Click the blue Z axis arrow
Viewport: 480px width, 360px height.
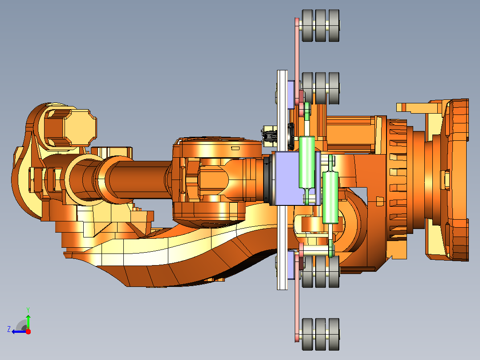19,331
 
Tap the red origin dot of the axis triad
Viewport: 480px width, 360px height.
28,331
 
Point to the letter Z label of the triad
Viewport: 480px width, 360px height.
9,329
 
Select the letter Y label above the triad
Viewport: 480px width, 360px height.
28,310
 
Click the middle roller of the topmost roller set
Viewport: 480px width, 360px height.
321,25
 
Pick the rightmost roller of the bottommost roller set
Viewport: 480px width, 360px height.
334,334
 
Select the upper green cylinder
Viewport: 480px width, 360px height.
307,162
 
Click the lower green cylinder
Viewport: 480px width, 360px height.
330,197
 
